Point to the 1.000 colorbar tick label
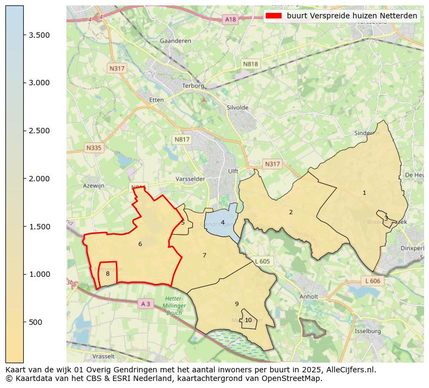click(x=39, y=274)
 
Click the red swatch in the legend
click(x=274, y=16)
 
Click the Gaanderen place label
click(x=173, y=41)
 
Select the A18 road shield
click(x=230, y=19)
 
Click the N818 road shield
click(x=250, y=64)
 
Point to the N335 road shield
click(x=93, y=147)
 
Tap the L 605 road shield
click(x=262, y=261)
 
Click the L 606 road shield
click(x=372, y=281)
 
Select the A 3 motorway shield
click(x=145, y=304)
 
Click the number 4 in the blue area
click(x=223, y=222)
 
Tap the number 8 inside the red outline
click(x=108, y=274)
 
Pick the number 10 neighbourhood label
click(x=248, y=320)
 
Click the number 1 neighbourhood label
click(x=364, y=193)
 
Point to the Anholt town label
click(x=309, y=296)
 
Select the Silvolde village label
click(x=238, y=108)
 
